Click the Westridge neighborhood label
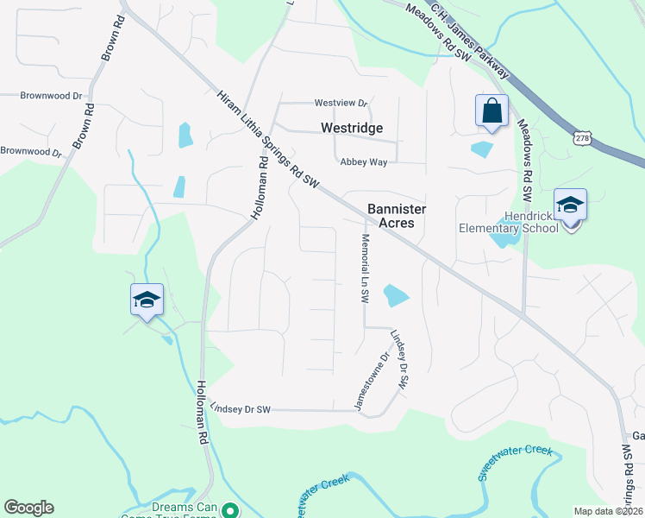coord(351,128)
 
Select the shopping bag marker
coord(491,111)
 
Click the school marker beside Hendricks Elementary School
coord(570,206)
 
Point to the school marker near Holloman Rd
coord(147,300)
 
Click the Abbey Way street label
coord(364,161)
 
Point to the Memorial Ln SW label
coord(365,268)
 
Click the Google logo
coord(28,508)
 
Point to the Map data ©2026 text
coord(608,511)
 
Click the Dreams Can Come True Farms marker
coord(230,510)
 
